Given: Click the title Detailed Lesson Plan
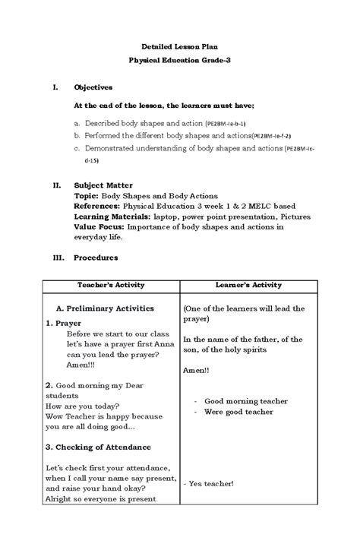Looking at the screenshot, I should coord(180,45).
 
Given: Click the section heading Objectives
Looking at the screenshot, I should coord(93,88).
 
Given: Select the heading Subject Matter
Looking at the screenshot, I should coord(103,185).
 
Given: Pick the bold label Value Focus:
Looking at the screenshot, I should coord(99,226).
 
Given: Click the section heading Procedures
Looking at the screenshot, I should coord(95,258).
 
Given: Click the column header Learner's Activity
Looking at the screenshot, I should coord(248,286).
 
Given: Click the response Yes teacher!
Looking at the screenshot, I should coord(209,483).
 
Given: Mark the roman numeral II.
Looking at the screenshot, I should coord(55,185).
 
